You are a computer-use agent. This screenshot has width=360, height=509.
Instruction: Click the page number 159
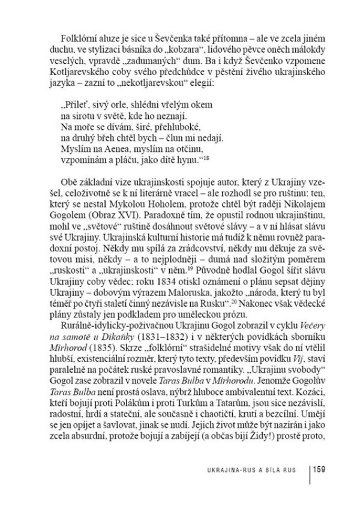pos(317,468)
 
